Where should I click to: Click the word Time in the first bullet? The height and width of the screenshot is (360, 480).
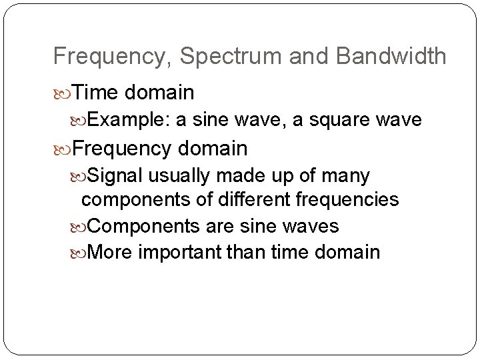(93, 91)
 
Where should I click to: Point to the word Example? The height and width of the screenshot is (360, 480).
(128, 119)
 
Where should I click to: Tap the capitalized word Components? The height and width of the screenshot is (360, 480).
(143, 226)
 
